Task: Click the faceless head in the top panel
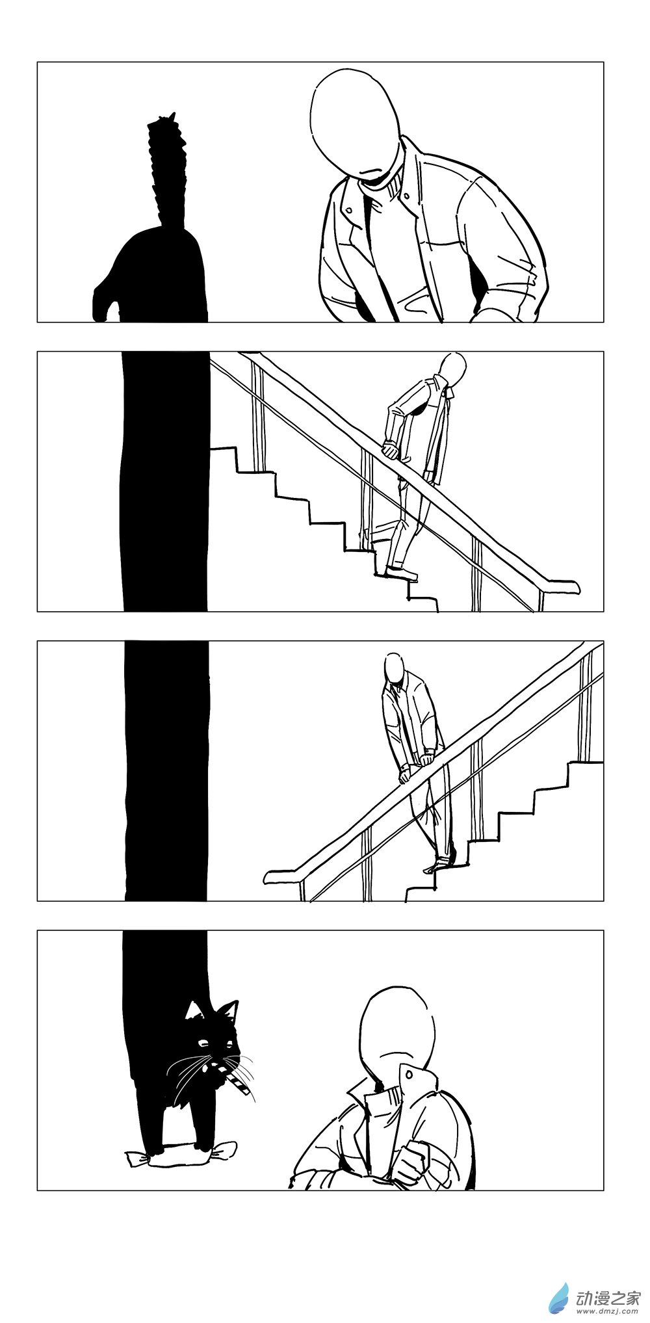coord(355,124)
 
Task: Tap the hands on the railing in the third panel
coord(416,765)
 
